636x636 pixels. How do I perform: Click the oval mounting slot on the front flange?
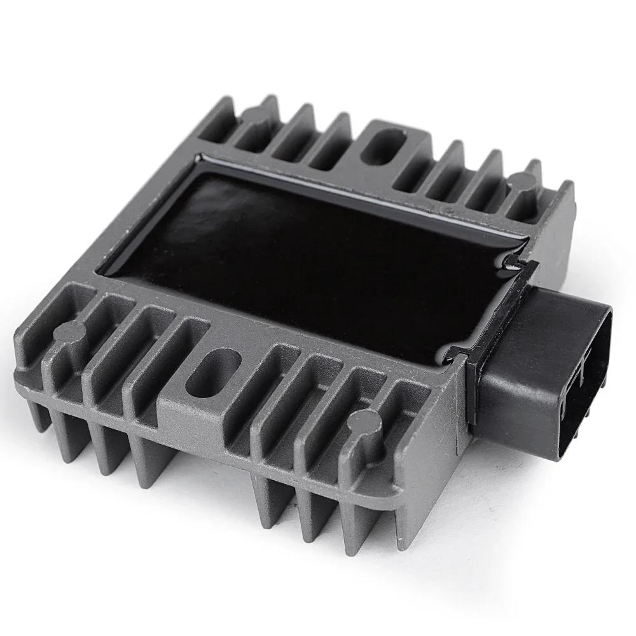pos(212,371)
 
